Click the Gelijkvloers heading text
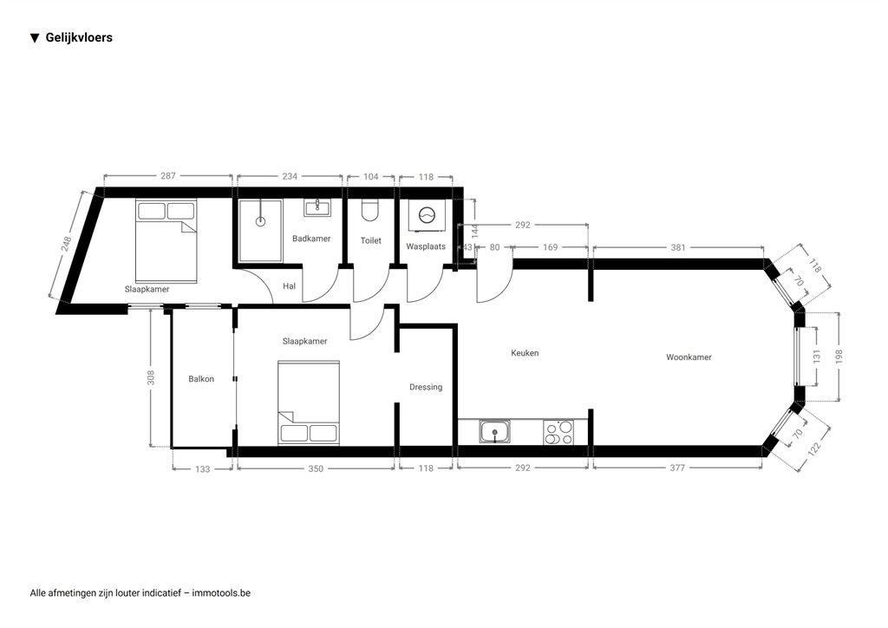79,38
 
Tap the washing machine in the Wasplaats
427,216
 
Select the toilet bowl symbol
370,210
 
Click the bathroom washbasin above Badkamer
318,207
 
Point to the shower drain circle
260,221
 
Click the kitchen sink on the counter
495,431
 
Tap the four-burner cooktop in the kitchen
558,432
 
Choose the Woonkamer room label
689,357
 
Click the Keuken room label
525,353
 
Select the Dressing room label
426,388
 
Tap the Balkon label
201,379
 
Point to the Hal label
289,286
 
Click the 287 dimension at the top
168,176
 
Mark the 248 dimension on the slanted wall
66,244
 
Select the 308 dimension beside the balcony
151,377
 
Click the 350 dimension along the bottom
316,469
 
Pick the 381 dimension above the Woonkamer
678,247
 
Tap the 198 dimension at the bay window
839,357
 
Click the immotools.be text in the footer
221,593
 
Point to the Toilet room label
371,240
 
